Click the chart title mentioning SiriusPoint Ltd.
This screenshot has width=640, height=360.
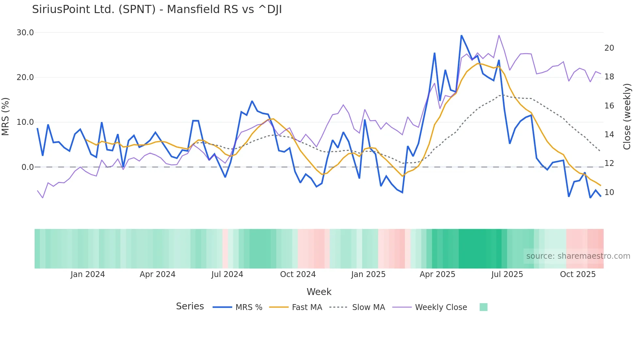pos(157,9)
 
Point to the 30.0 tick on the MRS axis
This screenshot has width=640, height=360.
pos(25,33)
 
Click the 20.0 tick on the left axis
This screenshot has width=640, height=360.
pos(25,77)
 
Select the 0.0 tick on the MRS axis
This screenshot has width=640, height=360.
pos(27,167)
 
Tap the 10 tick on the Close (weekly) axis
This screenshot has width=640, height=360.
pos(609,192)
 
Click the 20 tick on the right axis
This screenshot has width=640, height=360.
pos(609,48)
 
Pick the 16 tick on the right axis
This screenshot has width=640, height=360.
pos(609,106)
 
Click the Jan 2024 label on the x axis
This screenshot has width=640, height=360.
pos(88,274)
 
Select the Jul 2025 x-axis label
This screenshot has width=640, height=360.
pos(507,274)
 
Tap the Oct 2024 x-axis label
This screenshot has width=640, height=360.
pos(298,274)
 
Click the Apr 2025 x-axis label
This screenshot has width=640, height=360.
pos(437,274)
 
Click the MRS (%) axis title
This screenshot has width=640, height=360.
pos(6,116)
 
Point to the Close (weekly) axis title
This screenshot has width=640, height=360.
pos(627,116)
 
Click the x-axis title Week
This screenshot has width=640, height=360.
pos(319,292)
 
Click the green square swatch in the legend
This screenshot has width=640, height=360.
pos(483,307)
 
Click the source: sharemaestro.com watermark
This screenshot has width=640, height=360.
pos(578,256)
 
